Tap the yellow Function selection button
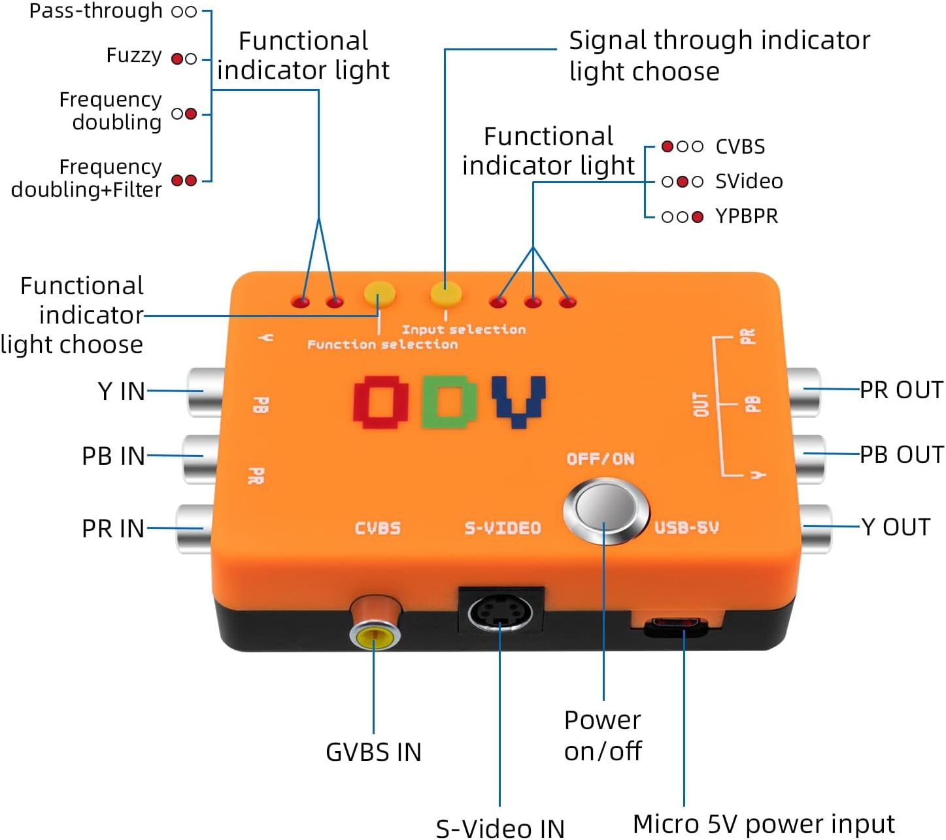[x=379, y=294]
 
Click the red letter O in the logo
[x=381, y=401]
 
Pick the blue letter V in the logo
[x=518, y=400]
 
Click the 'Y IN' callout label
[x=122, y=391]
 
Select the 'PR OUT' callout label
[x=901, y=390]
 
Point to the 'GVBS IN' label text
[x=373, y=752]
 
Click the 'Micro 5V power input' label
[x=764, y=824]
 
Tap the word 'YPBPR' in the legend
[x=747, y=216]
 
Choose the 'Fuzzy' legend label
[x=134, y=56]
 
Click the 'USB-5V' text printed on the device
[x=686, y=528]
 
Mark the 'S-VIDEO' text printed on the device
[x=503, y=528]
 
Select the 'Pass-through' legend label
[x=96, y=10]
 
